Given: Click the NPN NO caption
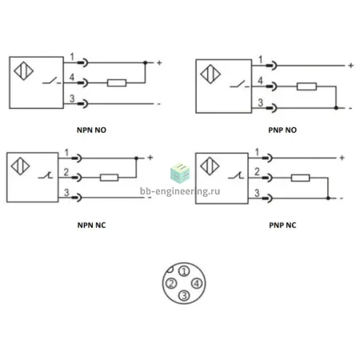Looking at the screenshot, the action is [x=91, y=130].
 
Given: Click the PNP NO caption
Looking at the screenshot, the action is [x=282, y=130].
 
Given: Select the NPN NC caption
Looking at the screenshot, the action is [x=91, y=226].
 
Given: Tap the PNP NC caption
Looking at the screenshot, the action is [x=282, y=226].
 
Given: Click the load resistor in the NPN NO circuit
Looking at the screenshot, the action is [x=117, y=83].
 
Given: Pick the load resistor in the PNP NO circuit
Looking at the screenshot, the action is [x=306, y=86].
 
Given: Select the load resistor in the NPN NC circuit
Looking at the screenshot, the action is [x=109, y=178].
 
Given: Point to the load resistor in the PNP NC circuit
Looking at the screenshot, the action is [x=300, y=178].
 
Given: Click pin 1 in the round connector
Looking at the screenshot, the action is [x=184, y=271].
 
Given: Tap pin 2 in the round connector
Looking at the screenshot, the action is [x=171, y=283].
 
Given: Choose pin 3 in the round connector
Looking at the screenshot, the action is [x=184, y=295].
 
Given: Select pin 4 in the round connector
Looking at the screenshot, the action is [x=197, y=283].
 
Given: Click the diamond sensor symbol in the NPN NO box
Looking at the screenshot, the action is [x=24, y=71].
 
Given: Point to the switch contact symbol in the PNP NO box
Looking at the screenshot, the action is [x=239, y=84].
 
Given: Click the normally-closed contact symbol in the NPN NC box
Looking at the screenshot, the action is [x=46, y=175].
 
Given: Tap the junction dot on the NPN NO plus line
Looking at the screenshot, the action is [x=146, y=63].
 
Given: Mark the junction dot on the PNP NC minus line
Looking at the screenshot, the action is [x=328, y=198].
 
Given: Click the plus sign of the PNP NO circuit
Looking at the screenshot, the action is [x=351, y=66].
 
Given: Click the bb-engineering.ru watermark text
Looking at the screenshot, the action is [x=180, y=191].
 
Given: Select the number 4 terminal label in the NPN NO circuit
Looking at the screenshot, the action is [x=72, y=78].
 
